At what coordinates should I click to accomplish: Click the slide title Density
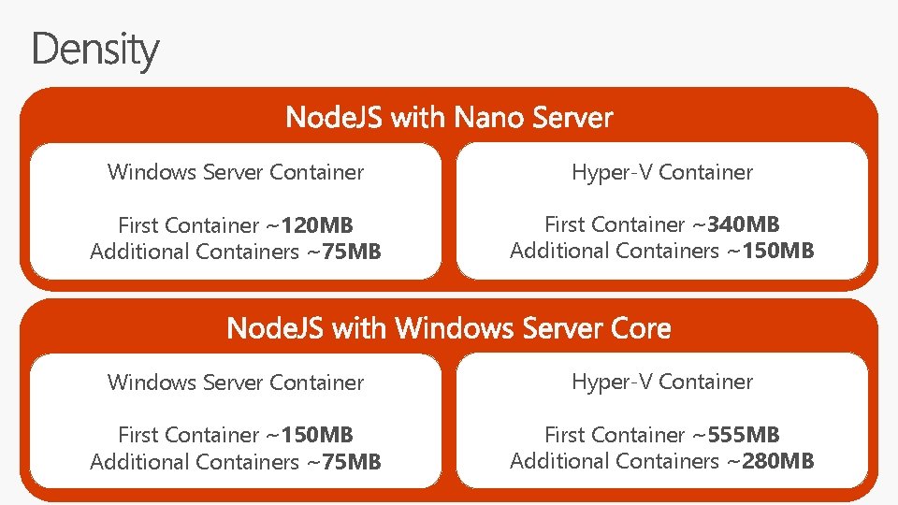[95, 50]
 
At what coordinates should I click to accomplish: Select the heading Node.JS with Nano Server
[449, 118]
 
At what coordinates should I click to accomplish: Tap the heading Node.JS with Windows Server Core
[449, 328]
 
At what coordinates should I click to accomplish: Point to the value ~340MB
[736, 224]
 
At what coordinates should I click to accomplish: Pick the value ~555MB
[736, 435]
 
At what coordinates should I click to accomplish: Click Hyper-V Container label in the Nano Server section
[662, 172]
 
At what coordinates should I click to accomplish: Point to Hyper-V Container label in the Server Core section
[662, 382]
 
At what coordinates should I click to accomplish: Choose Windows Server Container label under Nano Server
[236, 172]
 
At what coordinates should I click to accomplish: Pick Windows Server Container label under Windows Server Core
[236, 382]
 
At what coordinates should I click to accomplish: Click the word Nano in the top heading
[490, 118]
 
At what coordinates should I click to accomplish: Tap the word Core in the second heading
[641, 328]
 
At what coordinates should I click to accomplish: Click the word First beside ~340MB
[563, 224]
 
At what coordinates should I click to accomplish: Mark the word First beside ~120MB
[137, 225]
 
